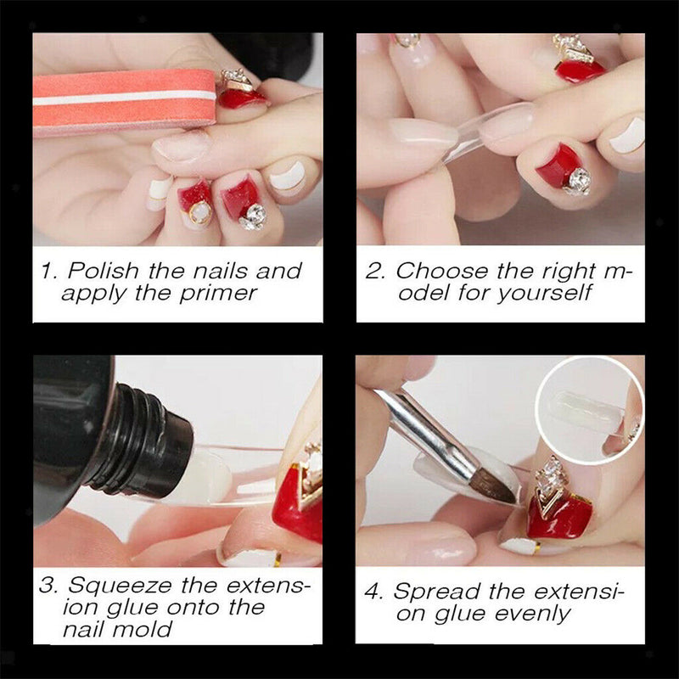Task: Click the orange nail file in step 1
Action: click(x=125, y=103)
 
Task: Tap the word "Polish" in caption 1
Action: click(x=103, y=271)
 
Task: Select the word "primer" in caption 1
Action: click(x=218, y=295)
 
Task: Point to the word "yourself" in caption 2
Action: click(x=545, y=294)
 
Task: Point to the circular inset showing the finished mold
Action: click(x=589, y=411)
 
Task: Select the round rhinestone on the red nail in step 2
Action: click(x=576, y=181)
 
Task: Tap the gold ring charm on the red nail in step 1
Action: click(x=200, y=212)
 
